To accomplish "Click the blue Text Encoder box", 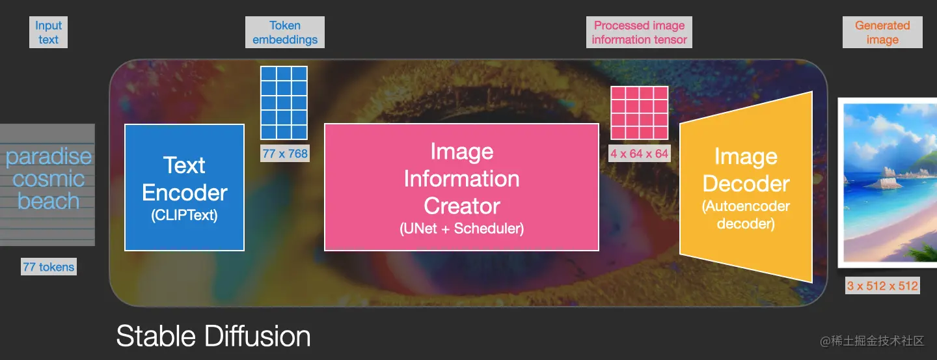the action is pos(185,187).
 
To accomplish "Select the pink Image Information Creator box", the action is pos(461,187).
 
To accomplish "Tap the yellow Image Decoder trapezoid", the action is pos(746,187).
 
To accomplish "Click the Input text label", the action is pos(49,33).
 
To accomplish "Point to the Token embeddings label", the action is pos(285,33).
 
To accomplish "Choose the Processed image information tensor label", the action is pos(639,33).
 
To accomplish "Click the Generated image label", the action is pos(882,33).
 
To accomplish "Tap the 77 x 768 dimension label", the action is pos(285,154).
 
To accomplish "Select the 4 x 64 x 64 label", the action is pos(639,154).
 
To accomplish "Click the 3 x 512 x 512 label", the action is pos(882,286).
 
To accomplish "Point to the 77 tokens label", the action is pos(49,267).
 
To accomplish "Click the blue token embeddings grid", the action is pos(284,103).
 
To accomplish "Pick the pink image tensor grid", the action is pos(639,113).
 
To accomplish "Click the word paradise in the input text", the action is pos(49,156).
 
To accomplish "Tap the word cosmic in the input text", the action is pos(49,179).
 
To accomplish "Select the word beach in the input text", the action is pos(49,201).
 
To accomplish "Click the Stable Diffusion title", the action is pos(213,336).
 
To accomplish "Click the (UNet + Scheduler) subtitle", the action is pos(461,228).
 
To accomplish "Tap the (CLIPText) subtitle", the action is pos(185,215).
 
